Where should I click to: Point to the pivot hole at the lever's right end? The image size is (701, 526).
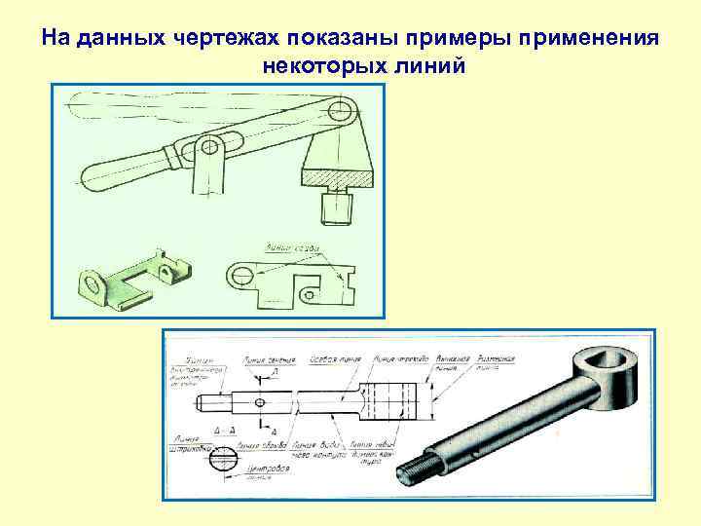coord(339,108)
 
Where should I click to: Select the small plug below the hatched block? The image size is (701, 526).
coord(337,206)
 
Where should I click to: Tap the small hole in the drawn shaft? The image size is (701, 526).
coord(259,401)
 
